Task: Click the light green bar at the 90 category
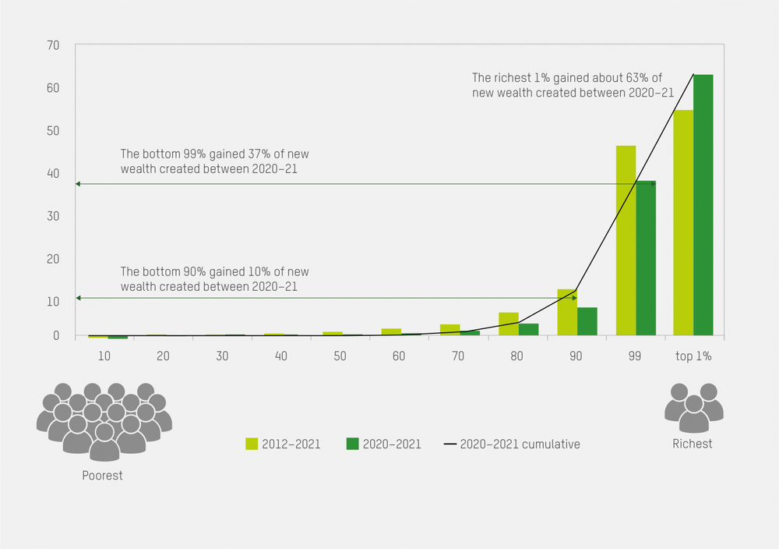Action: click(x=567, y=312)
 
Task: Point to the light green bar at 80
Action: click(x=509, y=324)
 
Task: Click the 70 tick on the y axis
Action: click(x=54, y=45)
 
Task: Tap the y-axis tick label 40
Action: click(x=54, y=173)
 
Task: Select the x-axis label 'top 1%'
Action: click(x=693, y=356)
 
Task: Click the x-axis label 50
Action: click(x=339, y=356)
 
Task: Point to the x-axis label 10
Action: click(x=105, y=356)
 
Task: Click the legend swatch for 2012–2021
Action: click(x=252, y=444)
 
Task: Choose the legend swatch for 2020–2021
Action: click(x=352, y=444)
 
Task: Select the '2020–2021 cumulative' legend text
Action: click(x=520, y=445)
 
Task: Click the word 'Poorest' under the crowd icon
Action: click(x=103, y=475)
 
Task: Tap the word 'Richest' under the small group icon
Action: click(x=693, y=444)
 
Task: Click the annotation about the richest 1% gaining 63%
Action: click(x=572, y=85)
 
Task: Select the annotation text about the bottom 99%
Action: click(x=214, y=161)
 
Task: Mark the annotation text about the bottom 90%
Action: click(x=214, y=279)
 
